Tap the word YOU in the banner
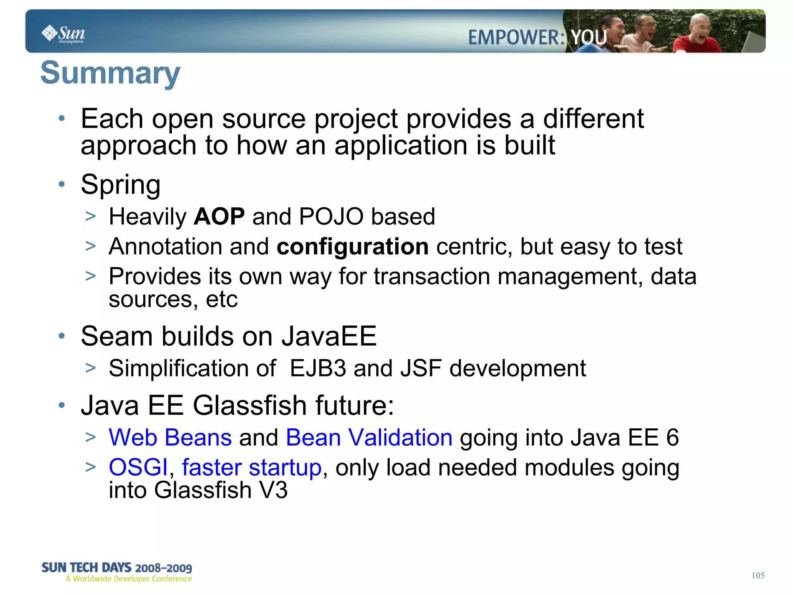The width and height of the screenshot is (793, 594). (x=589, y=38)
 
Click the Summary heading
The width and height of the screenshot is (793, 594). (x=110, y=73)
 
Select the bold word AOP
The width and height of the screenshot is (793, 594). (x=219, y=216)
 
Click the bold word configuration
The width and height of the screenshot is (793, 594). (x=352, y=247)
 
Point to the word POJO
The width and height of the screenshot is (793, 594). (x=331, y=216)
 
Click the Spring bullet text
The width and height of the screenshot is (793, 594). (x=120, y=185)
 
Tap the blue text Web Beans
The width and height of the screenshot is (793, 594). (x=170, y=438)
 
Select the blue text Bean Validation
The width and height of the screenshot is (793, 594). (x=369, y=438)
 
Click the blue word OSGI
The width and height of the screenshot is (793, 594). (x=138, y=467)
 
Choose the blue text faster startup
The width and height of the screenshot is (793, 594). (x=252, y=467)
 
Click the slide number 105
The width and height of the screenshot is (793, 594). (x=758, y=575)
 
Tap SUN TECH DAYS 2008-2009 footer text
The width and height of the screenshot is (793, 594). (x=117, y=568)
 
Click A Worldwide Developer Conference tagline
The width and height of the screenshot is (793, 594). (x=129, y=579)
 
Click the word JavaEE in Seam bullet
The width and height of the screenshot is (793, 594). (x=329, y=336)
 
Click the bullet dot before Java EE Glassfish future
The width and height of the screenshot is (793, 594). (x=62, y=405)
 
